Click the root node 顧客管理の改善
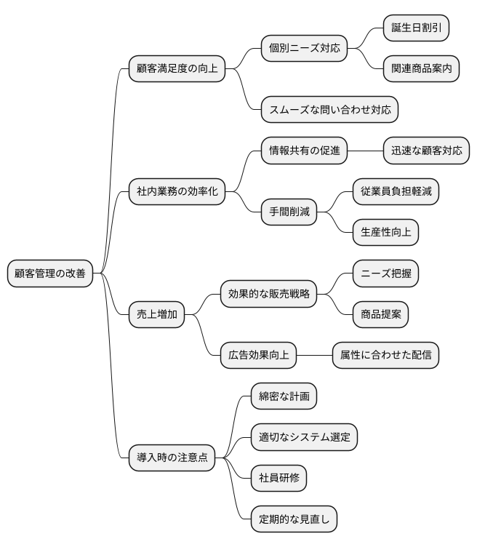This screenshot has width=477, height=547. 50,273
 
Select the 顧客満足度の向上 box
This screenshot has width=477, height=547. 176,70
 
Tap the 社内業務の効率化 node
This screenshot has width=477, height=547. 176,192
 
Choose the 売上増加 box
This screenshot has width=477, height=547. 156,314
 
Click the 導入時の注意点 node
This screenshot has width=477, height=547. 172,458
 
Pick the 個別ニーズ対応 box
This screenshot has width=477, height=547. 304,49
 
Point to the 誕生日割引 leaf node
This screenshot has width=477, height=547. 416,28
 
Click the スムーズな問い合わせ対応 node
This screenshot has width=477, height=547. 329,111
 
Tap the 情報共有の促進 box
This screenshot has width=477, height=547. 304,151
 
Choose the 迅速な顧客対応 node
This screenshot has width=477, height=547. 426,151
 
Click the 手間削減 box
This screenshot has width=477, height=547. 289,212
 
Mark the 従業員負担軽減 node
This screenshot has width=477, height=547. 396,192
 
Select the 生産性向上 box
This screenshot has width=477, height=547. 385,233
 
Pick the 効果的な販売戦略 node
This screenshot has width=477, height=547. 268,294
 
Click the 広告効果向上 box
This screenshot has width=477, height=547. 258,355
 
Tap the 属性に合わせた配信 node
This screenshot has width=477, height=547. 385,355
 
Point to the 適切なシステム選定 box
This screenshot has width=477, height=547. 304,437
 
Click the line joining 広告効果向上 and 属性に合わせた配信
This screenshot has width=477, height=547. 313,355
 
